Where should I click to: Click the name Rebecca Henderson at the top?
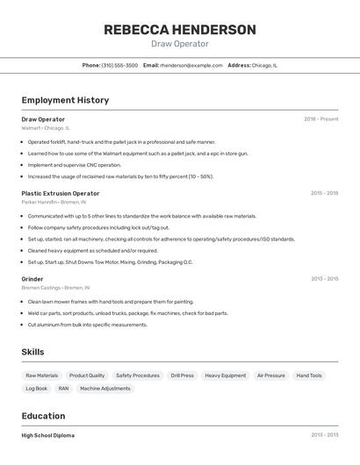click(x=180, y=30)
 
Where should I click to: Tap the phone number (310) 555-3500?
click(x=119, y=65)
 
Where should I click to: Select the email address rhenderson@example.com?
click(x=191, y=65)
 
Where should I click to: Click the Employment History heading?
click(x=65, y=100)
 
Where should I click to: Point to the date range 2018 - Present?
click(x=320, y=119)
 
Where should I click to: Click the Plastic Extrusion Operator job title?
click(x=61, y=193)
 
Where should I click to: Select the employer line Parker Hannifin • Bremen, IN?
click(x=54, y=202)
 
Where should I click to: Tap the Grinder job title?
click(x=32, y=279)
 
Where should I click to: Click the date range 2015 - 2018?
click(x=324, y=193)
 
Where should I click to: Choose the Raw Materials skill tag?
click(x=41, y=376)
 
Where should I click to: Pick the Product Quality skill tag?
click(x=87, y=376)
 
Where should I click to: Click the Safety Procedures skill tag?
click(x=138, y=376)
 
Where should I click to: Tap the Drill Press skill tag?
click(x=182, y=376)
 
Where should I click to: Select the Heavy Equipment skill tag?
click(x=226, y=376)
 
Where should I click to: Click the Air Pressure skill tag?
click(x=270, y=376)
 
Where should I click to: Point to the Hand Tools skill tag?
click(x=309, y=376)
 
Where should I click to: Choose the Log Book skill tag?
click(x=37, y=388)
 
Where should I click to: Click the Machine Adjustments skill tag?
click(x=104, y=388)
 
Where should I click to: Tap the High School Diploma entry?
click(x=48, y=435)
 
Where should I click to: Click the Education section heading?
click(x=43, y=416)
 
